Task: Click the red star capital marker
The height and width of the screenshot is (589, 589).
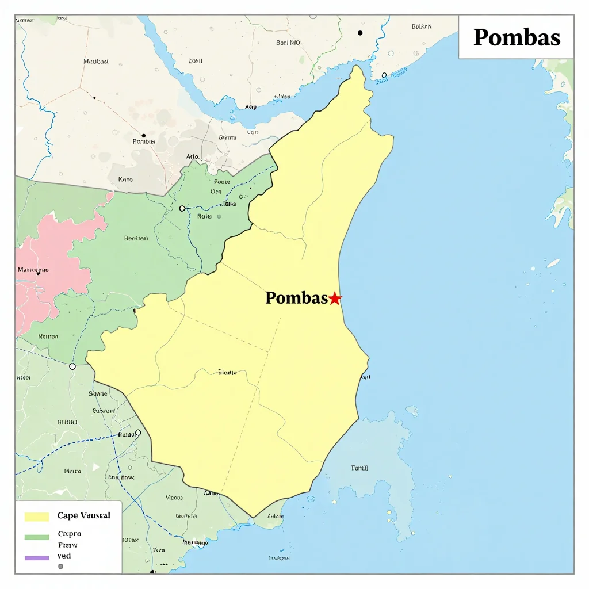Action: pyautogui.click(x=335, y=299)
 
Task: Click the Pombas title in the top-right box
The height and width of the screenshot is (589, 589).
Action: pyautogui.click(x=517, y=37)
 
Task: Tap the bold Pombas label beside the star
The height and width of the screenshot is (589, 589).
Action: pyautogui.click(x=296, y=298)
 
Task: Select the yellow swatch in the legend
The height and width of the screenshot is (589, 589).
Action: pyautogui.click(x=37, y=517)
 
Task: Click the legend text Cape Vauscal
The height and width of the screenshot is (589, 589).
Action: pyautogui.click(x=83, y=515)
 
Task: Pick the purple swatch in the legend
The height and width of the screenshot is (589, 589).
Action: pyautogui.click(x=37, y=557)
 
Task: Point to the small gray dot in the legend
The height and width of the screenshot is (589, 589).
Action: pyautogui.click(x=60, y=567)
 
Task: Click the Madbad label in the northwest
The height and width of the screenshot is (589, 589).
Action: pyautogui.click(x=95, y=61)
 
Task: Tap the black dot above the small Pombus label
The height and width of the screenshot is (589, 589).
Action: pyautogui.click(x=143, y=136)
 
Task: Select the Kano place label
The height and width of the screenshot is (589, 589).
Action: pyautogui.click(x=125, y=179)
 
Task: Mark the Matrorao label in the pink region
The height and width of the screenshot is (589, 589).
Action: pyautogui.click(x=33, y=269)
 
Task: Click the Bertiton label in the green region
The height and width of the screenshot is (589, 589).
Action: pyautogui.click(x=136, y=238)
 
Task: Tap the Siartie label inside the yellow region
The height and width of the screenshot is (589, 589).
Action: pyautogui.click(x=227, y=373)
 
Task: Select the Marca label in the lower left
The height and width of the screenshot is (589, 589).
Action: pyautogui.click(x=72, y=471)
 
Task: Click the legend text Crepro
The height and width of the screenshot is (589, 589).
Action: pyautogui.click(x=70, y=534)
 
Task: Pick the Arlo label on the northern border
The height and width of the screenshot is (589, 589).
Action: pyautogui.click(x=192, y=156)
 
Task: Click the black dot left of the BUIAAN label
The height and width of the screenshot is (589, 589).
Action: pyautogui.click(x=361, y=33)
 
